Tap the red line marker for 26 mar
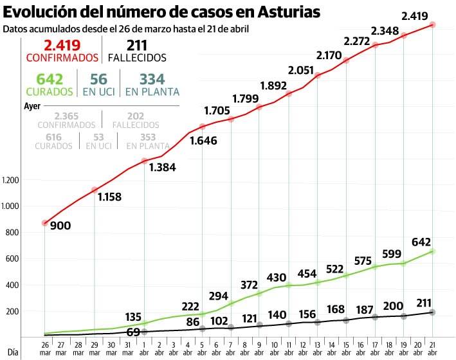click(44, 223)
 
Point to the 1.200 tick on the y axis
click(12, 180)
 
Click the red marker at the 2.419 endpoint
click(433, 24)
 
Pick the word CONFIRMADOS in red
click(62, 57)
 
